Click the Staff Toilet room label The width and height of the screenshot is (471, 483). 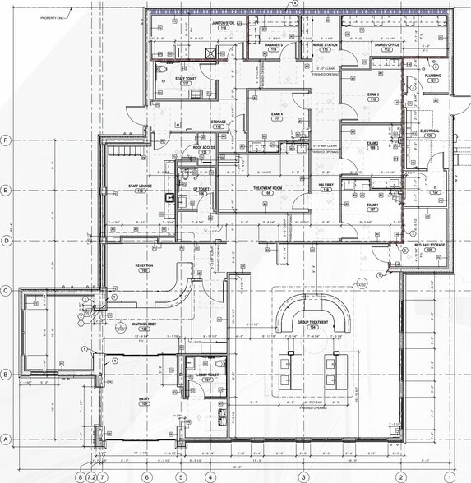[186, 80]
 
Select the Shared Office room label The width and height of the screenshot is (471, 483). [386, 45]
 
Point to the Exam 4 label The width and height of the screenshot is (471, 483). [277, 115]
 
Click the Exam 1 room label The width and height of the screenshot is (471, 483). [372, 205]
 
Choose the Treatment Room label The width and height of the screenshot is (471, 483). [266, 189]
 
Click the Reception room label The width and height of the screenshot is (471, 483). [145, 265]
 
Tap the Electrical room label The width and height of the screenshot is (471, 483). [429, 131]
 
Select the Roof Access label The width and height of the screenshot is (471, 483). [204, 149]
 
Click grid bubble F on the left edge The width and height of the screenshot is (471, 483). [6, 140]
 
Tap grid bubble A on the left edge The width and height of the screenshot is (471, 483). [6, 439]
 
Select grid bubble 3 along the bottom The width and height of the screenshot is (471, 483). [302, 476]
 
